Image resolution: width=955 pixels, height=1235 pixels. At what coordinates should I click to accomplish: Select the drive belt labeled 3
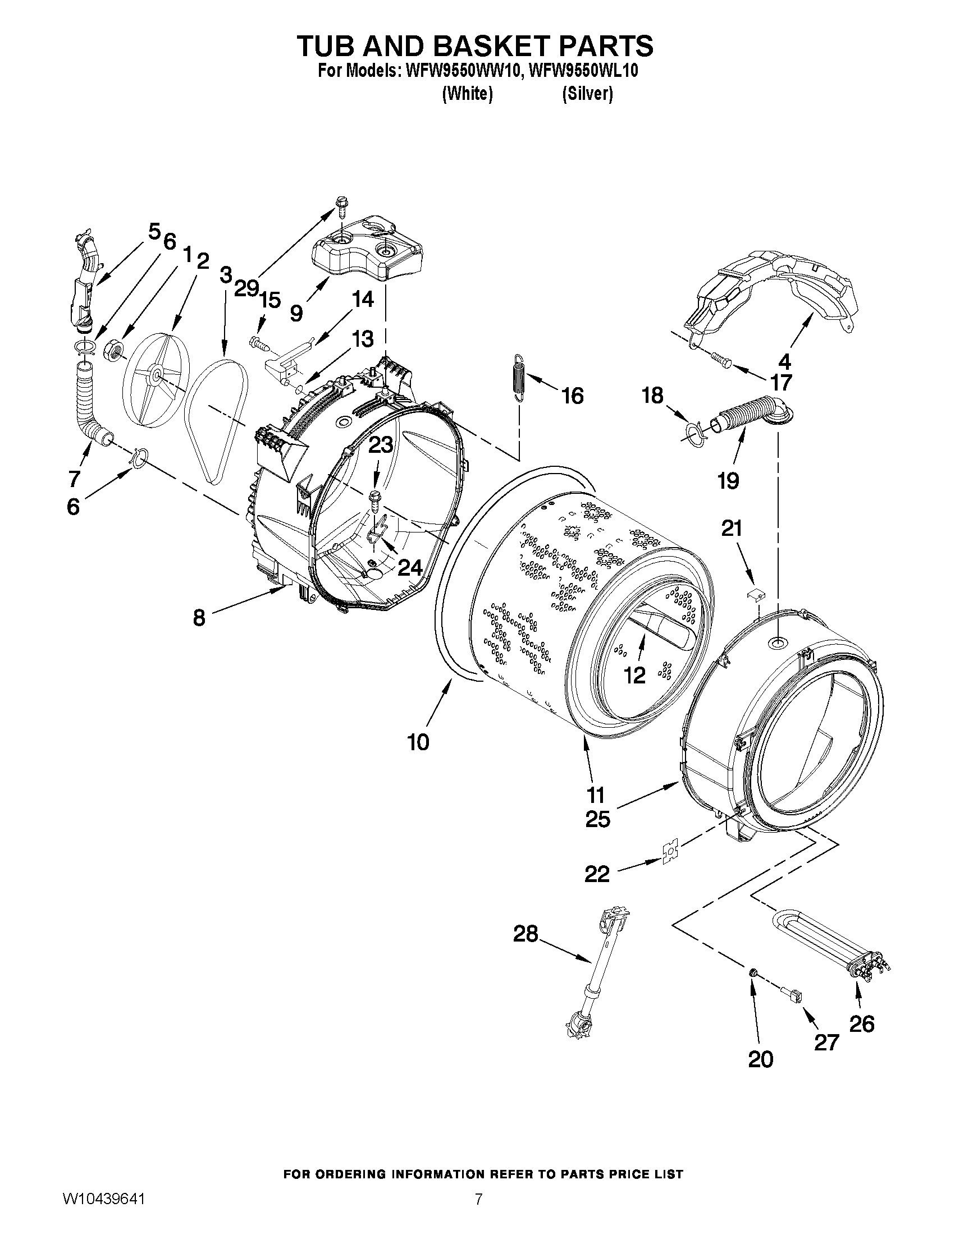[x=217, y=421]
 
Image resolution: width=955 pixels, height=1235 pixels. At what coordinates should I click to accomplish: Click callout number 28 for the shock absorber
[x=525, y=934]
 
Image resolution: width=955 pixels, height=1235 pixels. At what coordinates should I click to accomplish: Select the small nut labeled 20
[x=753, y=972]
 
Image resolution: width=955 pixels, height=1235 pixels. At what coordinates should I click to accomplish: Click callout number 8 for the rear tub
[x=199, y=617]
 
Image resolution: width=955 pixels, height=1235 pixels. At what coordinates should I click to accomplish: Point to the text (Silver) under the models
[x=587, y=94]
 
